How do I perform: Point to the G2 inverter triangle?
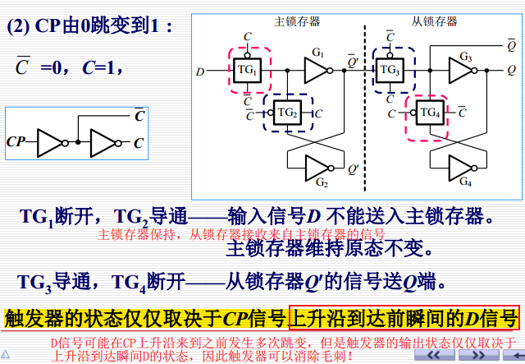point(317,168)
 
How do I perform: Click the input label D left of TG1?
point(199,72)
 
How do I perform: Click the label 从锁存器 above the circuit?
point(434,21)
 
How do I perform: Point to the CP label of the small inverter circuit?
point(16,142)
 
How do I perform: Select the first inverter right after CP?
point(51,143)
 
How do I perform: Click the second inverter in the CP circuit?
point(104,143)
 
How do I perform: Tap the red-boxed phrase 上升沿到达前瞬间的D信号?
point(404,317)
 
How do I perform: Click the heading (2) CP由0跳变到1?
point(90,26)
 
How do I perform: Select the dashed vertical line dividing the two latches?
point(363,107)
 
